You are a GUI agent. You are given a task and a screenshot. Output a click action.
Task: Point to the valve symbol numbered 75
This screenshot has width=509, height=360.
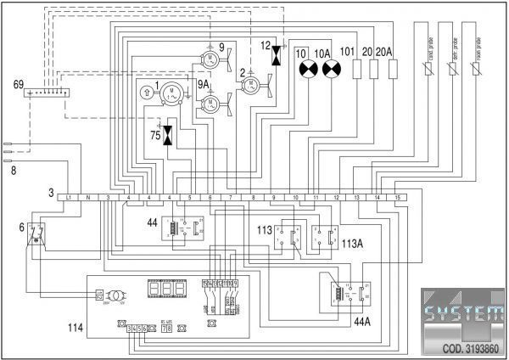pos(168,134)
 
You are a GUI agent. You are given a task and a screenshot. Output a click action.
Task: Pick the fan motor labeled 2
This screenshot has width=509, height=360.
pos(250,84)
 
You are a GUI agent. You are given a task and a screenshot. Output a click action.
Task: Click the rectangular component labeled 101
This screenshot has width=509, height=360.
pos(357,69)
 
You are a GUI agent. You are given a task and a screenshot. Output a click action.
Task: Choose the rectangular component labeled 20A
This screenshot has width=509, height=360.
pos(393,69)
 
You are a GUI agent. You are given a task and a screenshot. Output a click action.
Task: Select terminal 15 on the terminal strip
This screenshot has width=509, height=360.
pos(398,197)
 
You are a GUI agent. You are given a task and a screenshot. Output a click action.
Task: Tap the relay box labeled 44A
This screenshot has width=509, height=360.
pos(348,293)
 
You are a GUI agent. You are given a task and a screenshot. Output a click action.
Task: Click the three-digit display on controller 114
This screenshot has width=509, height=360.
pos(165,289)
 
